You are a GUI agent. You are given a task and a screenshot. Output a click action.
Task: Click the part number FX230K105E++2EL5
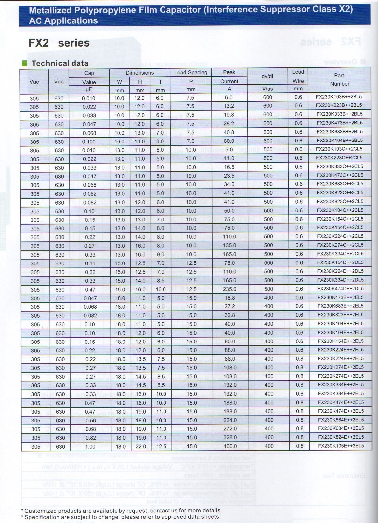click(341, 446)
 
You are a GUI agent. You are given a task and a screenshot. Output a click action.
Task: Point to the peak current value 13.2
click(229, 106)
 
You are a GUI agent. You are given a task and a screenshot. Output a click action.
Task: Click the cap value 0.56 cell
click(90, 421)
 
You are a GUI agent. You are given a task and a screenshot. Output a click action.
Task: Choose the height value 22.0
click(141, 447)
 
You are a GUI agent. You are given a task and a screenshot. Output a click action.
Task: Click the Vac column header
click(34, 82)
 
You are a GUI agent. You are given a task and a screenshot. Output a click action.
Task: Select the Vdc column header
click(59, 82)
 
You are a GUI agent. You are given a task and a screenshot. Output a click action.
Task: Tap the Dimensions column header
click(140, 73)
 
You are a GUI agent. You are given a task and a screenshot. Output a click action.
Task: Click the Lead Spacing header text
click(191, 73)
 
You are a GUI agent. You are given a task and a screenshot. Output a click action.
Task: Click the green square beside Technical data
click(24, 63)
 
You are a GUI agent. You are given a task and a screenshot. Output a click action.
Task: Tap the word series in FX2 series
click(73, 43)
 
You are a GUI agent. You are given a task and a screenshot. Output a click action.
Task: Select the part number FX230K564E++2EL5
click(341, 420)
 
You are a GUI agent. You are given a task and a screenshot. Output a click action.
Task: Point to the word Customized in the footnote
click(41, 511)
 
